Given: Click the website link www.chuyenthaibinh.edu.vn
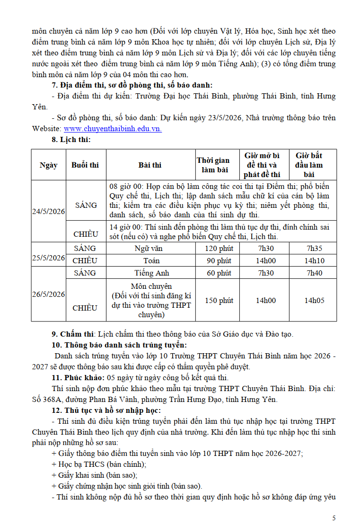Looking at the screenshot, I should (113, 128).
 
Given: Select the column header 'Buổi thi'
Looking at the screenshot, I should (85, 165).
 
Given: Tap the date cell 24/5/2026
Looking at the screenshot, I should (49, 211).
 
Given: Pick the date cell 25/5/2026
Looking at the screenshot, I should (49, 258).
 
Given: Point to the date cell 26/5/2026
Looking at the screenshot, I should (49, 294).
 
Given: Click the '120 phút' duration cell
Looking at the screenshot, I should (218, 248).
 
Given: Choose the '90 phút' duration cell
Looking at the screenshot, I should (218, 260).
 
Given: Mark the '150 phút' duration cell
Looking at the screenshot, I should (218, 300).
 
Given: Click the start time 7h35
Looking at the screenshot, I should (314, 248).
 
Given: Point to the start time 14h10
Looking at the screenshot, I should (314, 260).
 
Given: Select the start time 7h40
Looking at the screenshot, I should (314, 273).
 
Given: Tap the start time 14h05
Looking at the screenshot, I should (314, 300).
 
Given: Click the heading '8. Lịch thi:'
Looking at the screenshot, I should (71, 140).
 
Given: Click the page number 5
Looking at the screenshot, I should (334, 517).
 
